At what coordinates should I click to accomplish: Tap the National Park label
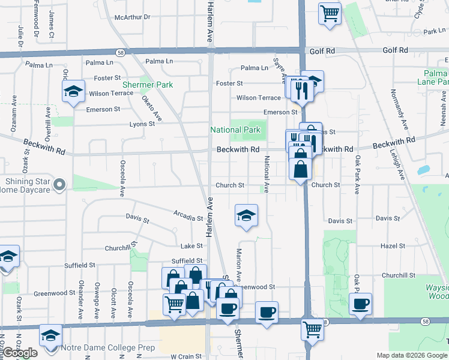235,130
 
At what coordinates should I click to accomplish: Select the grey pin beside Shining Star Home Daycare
59,185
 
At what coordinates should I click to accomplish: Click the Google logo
20,353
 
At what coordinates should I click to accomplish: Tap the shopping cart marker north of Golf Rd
330,13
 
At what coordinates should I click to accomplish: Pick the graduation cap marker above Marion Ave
246,215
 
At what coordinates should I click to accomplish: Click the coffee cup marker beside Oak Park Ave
360,303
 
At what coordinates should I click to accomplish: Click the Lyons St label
142,124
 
